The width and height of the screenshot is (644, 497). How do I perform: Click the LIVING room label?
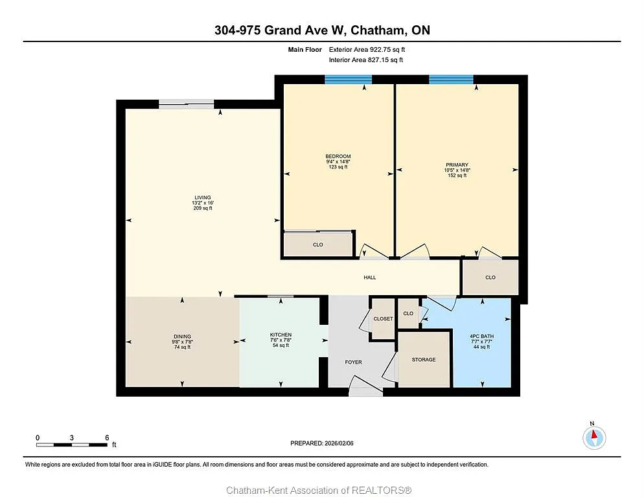click(x=202, y=198)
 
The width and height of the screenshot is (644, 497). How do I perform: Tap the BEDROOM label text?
click(x=338, y=157)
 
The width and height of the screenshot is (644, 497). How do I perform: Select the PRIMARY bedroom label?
click(x=456, y=165)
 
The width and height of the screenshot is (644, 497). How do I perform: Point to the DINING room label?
click(x=182, y=335)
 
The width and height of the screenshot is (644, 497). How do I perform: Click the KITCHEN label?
click(x=281, y=335)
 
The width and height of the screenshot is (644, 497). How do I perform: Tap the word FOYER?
click(x=353, y=362)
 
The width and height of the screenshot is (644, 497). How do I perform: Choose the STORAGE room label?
click(x=424, y=360)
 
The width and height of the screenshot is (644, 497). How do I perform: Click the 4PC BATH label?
click(x=481, y=337)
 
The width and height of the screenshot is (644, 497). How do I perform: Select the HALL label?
click(x=369, y=278)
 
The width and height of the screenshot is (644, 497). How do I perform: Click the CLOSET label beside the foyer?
click(x=383, y=319)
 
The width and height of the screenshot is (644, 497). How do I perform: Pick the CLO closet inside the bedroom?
click(x=317, y=245)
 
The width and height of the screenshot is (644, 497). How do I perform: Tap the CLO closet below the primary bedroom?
click(x=490, y=278)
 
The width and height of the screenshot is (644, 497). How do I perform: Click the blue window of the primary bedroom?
click(x=451, y=80)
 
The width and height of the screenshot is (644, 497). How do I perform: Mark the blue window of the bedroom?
click(x=348, y=80)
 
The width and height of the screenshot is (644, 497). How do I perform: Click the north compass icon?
click(x=593, y=438)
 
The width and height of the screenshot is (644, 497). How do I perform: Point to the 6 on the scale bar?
click(x=107, y=437)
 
